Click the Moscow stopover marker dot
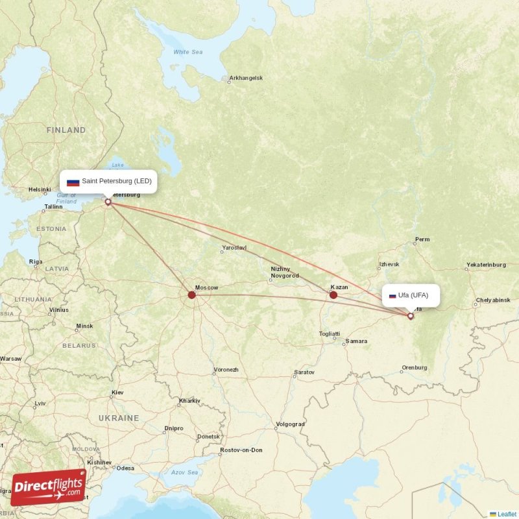pos(191,295)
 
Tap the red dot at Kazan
pos(333,295)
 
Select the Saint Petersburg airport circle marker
pos(108,202)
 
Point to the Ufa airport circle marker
pos(411,316)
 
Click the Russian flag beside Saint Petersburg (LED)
pos(73,182)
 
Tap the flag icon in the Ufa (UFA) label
pos(392,296)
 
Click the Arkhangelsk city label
pos(247,78)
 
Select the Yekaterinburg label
pos(485,265)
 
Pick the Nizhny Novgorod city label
pos(284,272)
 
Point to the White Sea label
pos(187,52)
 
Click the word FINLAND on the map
pos(66,130)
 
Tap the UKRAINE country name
pos(118,418)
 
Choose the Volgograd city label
pos(289,424)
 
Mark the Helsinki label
pos(40,190)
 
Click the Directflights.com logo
pos(48,487)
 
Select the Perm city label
pos(422,239)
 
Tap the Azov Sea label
pos(185,472)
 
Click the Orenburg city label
pos(415,368)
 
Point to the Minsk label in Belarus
pos(84,326)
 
